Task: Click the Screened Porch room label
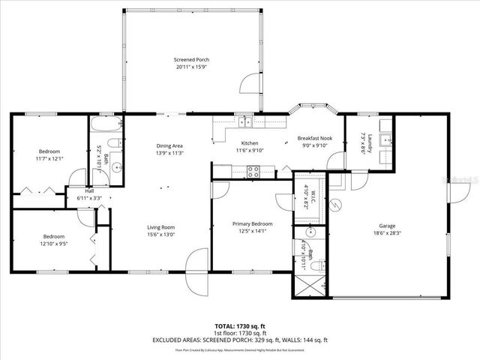pos(191,59)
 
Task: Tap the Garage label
pos(386,226)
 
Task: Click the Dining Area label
pos(169,145)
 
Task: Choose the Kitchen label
pos(249,143)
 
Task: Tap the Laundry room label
pos(362,143)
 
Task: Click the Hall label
pos(89,190)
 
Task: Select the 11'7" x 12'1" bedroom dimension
pos(49,158)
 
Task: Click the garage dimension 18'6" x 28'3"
pos(386,233)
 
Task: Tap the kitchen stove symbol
pos(253,170)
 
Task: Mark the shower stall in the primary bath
pos(309,286)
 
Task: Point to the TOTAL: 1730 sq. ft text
pos(240,326)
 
